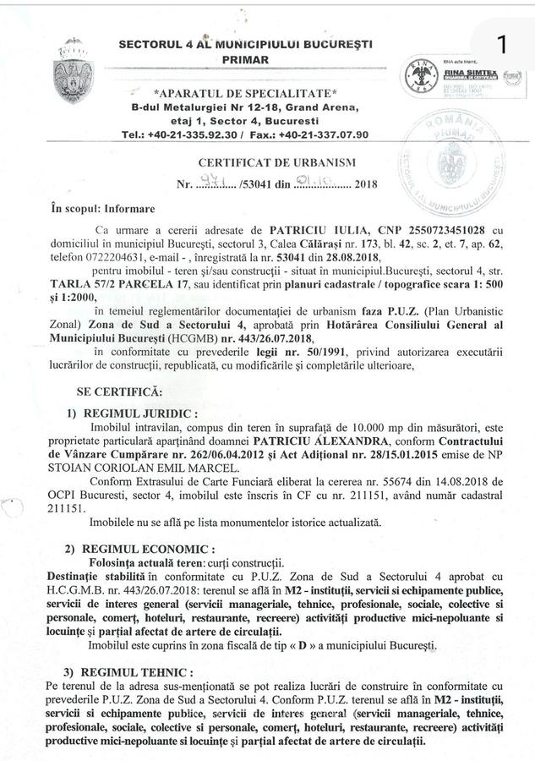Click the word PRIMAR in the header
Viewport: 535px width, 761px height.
pos(245,60)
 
